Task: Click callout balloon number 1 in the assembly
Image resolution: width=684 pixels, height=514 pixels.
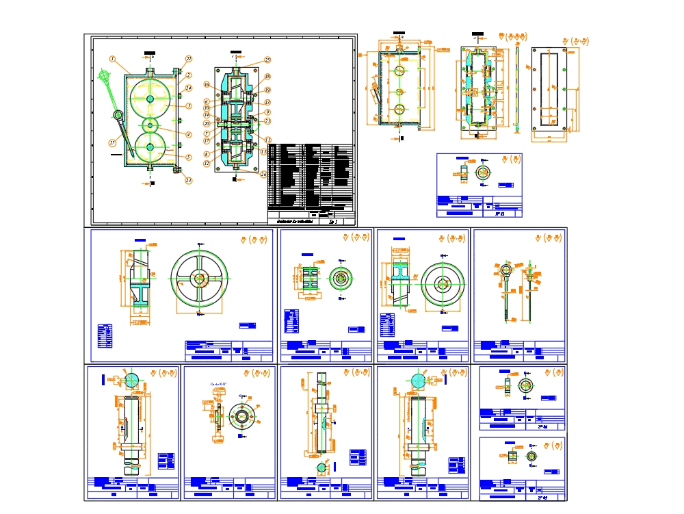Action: (112, 60)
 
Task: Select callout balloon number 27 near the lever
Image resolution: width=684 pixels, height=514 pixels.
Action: (112, 143)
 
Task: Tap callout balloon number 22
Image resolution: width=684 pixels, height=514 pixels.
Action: (189, 60)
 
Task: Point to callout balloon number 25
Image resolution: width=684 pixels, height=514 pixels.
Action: (267, 61)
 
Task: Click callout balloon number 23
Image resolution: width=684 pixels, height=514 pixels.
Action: (189, 181)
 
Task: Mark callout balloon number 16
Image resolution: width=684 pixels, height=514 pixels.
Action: (206, 85)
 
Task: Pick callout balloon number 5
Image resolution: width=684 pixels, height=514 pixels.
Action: (189, 157)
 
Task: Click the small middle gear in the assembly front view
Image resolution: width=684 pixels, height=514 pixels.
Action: (150, 126)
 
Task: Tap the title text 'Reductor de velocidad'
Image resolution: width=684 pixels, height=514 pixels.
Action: (293, 221)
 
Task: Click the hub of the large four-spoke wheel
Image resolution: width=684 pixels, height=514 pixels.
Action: (200, 279)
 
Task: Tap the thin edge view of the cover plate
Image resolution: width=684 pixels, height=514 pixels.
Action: (518, 88)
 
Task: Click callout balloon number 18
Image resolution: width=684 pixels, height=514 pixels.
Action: (267, 77)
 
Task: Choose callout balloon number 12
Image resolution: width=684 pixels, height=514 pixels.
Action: (206, 164)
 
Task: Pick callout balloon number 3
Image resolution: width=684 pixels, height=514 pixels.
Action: (189, 106)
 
